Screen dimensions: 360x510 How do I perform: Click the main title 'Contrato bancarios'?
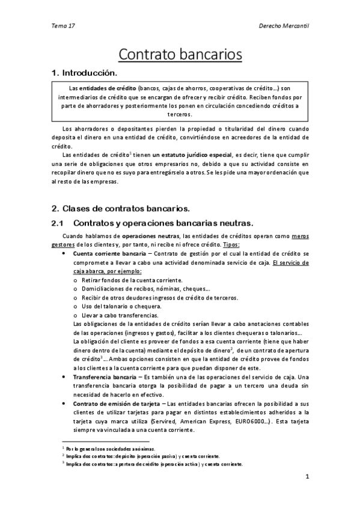click(x=180, y=54)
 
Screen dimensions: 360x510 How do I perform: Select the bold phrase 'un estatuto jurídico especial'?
click(x=194, y=155)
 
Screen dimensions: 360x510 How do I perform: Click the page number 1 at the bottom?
click(x=307, y=478)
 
